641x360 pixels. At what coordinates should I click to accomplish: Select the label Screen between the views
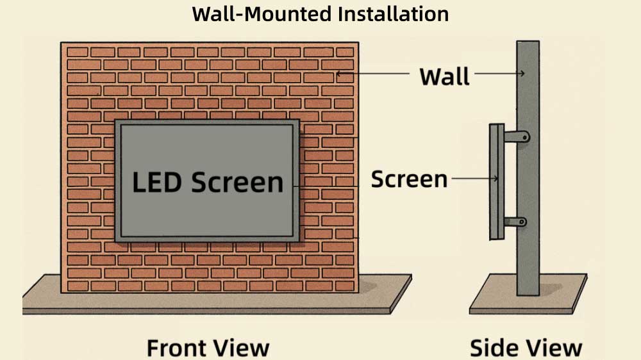click(x=409, y=179)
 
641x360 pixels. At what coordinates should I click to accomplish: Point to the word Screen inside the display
click(x=237, y=183)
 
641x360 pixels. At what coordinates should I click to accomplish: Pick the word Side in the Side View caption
click(x=494, y=348)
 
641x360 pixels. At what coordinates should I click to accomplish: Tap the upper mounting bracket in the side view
click(x=515, y=136)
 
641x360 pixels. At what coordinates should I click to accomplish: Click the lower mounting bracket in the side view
click(x=515, y=222)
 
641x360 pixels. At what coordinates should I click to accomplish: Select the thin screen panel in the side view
click(x=494, y=182)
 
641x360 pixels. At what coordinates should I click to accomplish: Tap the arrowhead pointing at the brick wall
click(x=339, y=74)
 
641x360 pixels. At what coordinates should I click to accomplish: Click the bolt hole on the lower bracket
click(x=522, y=222)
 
